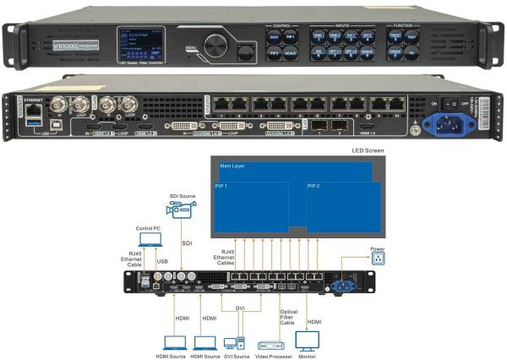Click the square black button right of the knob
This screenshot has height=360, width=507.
247,52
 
